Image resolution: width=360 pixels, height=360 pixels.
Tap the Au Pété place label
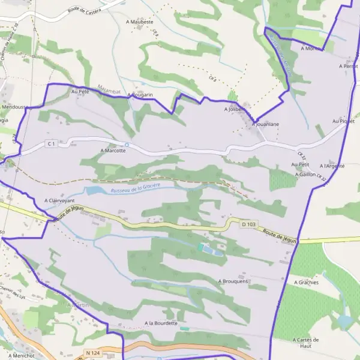[x=80, y=91]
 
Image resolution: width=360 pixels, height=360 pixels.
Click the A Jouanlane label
[x=266, y=124]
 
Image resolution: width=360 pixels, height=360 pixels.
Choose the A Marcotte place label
[x=113, y=151]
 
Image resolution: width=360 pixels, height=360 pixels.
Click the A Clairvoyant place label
[x=59, y=201]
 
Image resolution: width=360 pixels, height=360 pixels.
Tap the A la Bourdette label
[x=161, y=323]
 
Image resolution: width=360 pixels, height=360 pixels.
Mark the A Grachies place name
[x=306, y=281]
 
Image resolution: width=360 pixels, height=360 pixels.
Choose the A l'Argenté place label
[x=332, y=166]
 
